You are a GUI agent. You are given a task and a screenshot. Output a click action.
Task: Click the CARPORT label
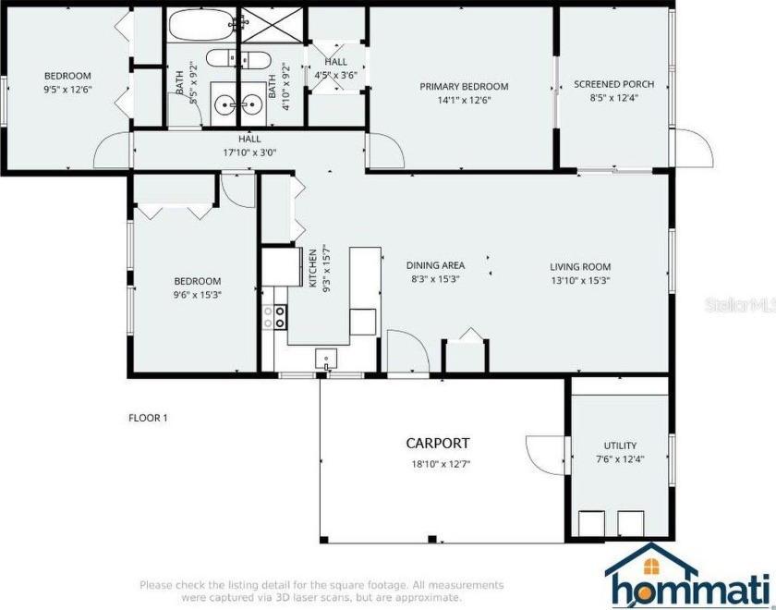tap(438, 443)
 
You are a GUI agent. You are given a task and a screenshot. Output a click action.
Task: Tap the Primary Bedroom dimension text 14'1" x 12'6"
tap(464, 100)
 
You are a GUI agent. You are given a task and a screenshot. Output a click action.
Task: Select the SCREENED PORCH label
tap(613, 84)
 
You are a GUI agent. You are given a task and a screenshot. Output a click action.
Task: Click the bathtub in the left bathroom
tap(202, 24)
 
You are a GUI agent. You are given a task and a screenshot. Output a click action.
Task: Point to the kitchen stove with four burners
tap(274, 316)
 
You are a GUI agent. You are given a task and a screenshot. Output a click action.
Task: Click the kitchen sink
tap(326, 359)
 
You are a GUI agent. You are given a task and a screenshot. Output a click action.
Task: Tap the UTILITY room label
tap(620, 445)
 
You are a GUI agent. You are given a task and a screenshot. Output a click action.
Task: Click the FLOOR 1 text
tap(148, 418)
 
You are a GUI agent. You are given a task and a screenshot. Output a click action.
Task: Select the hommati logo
tap(688, 577)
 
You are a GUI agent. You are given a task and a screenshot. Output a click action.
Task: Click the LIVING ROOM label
tap(580, 267)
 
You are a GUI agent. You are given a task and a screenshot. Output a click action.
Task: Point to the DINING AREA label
tap(435, 265)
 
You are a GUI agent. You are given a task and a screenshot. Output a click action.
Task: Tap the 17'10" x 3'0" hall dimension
tap(249, 153)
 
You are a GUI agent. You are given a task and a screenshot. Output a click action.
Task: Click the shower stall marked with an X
tap(272, 24)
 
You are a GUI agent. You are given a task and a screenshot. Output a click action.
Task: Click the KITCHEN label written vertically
tap(313, 268)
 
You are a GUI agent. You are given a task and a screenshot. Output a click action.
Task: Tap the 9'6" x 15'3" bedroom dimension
tap(197, 295)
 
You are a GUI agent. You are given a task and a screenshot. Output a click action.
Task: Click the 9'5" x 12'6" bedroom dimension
tap(67, 90)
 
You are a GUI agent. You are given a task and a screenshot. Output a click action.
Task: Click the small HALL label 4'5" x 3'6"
tap(336, 68)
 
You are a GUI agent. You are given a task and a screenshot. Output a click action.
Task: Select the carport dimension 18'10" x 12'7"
tap(441, 464)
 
